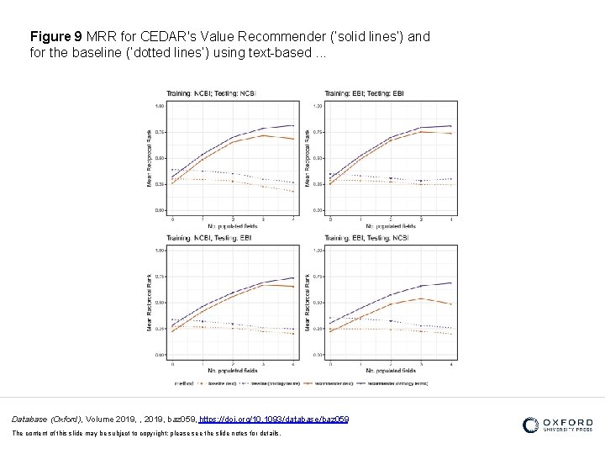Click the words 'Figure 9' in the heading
(55, 38)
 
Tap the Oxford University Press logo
(557, 425)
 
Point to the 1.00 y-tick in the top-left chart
(160, 106)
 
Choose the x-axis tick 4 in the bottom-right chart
(451, 363)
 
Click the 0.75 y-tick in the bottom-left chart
(160, 277)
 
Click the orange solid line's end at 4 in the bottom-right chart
(451, 304)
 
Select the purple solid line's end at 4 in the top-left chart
(293, 125)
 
